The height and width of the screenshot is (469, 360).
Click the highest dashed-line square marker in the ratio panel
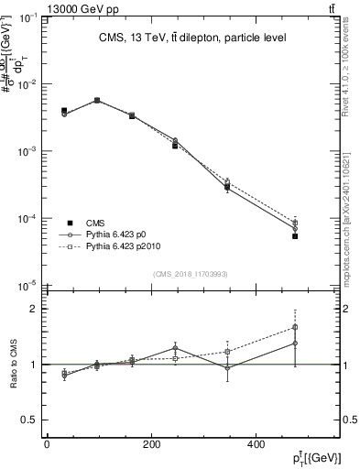pyautogui.click(x=295, y=327)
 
